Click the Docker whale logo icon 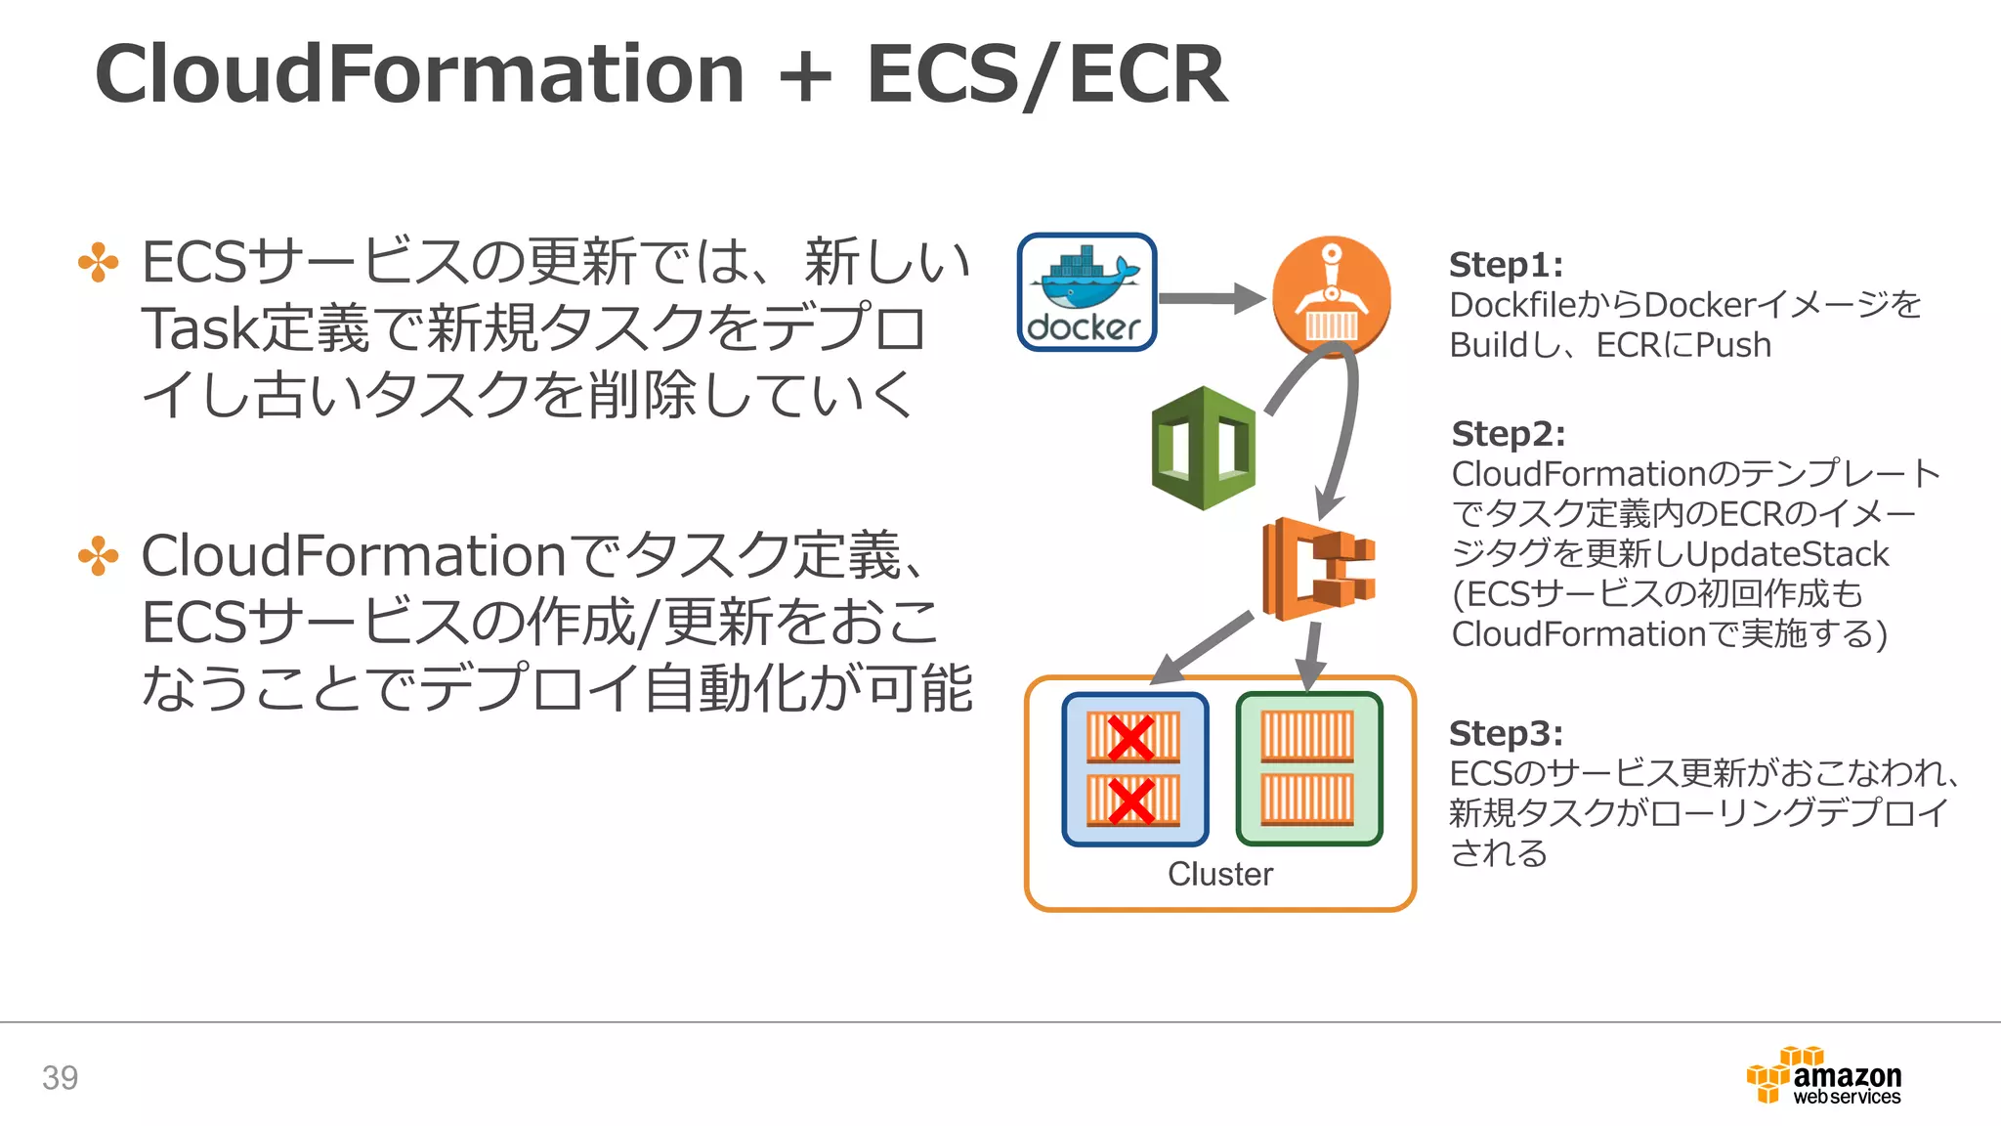pos(1086,292)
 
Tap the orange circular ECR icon pos(1331,295)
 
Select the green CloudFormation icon pos(1204,449)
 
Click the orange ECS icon pos(1317,569)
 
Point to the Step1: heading pos(1506,265)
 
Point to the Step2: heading pos(1508,434)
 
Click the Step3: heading pos(1506,733)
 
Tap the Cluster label pos(1219,874)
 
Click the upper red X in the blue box pos(1131,738)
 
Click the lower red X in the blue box pos(1131,801)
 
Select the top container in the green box pos(1307,737)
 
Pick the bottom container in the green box pos(1307,800)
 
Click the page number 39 pos(60,1077)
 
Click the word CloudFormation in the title pos(420,74)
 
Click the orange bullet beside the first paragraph pos(98,262)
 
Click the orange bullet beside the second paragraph pos(98,556)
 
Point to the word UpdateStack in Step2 pos(1787,554)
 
